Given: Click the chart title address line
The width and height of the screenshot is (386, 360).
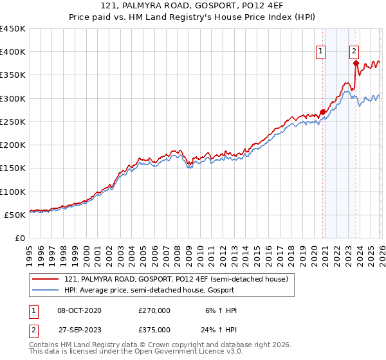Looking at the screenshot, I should click(x=192, y=6).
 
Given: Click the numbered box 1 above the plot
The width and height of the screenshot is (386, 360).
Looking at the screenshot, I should click(x=320, y=53).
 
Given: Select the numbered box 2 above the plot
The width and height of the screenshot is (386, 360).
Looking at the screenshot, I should click(x=354, y=53).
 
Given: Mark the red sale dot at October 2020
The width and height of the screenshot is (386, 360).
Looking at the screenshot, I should click(x=322, y=112).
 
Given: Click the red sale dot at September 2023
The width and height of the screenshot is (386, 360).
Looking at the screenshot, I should click(x=356, y=63).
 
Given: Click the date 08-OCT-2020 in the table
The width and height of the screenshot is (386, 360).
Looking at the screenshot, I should click(x=79, y=310).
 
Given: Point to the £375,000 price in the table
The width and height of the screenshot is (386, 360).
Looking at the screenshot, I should click(x=154, y=329).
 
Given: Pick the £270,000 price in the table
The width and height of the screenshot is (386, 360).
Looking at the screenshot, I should click(x=154, y=310).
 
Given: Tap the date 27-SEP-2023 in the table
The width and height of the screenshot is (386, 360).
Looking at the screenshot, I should click(x=79, y=329).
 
